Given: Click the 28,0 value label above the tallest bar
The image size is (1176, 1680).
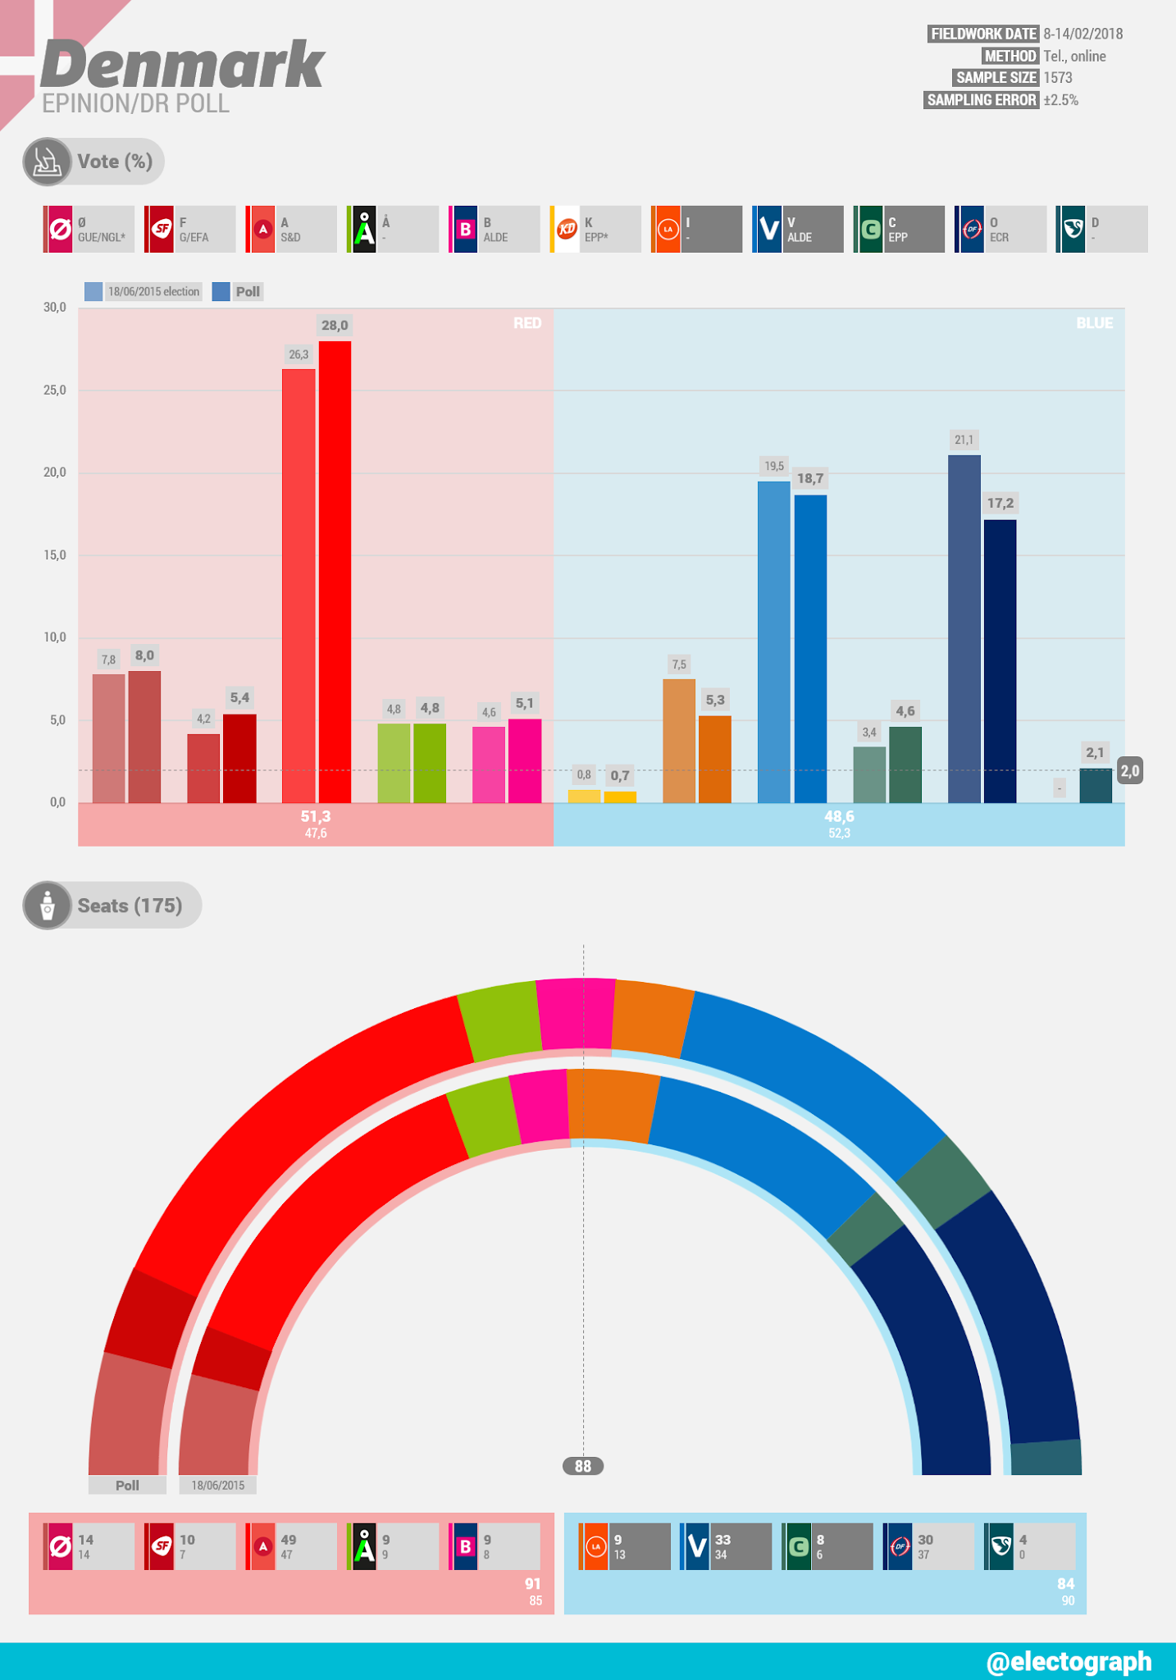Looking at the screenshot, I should (335, 326).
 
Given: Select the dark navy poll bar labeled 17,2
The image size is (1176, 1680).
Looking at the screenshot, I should (1000, 660).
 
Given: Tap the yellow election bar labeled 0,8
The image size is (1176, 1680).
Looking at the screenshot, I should (584, 796).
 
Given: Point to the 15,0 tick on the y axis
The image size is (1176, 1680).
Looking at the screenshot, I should (55, 555).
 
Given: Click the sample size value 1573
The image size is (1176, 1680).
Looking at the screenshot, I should (1058, 78).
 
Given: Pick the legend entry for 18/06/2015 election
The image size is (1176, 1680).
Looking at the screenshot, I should (144, 291).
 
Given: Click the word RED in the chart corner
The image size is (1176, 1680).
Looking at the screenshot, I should (527, 323).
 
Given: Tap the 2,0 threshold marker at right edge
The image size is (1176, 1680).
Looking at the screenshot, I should (1130, 770).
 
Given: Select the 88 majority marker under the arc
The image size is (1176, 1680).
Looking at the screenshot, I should (583, 1466).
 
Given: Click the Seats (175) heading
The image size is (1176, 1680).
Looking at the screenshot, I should (130, 906).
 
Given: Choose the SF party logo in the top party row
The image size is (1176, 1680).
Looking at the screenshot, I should (162, 229).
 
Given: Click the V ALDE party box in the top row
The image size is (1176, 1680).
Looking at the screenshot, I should (798, 229).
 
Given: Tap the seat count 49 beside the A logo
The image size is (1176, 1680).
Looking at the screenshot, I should (289, 1540).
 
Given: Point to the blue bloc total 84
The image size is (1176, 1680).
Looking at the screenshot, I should (1065, 1584).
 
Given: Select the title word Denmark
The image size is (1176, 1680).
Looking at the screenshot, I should (182, 66).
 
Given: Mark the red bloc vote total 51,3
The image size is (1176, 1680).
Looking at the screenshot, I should (316, 816).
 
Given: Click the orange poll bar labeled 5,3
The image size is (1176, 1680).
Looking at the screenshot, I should (714, 759).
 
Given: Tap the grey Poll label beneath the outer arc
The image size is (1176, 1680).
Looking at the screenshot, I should (127, 1485).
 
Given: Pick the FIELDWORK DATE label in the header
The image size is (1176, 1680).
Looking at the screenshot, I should (983, 34).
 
